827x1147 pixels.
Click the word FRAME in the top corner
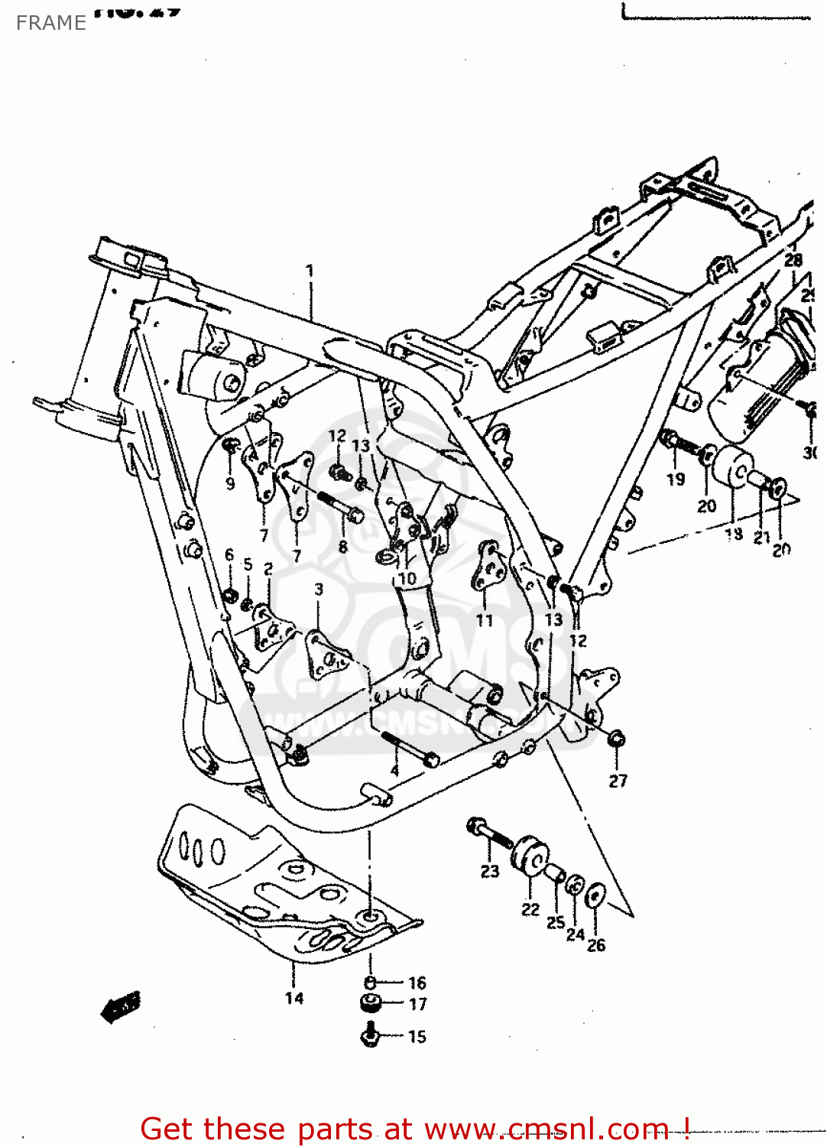point(50,23)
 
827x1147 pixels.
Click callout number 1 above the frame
point(310,271)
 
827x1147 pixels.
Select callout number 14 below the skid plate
point(294,998)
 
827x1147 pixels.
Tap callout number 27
point(618,781)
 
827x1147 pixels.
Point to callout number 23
point(489,871)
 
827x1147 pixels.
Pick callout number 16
point(417,983)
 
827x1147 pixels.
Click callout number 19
point(676,479)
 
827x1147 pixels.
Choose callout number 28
point(793,260)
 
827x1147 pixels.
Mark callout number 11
point(485,620)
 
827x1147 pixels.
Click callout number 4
point(394,770)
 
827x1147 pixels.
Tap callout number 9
point(230,483)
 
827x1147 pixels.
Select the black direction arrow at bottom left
point(121,1008)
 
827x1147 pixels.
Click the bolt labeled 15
point(370,1036)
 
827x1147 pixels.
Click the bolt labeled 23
point(488,833)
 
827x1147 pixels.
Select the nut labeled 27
point(617,739)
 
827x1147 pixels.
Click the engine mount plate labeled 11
point(487,566)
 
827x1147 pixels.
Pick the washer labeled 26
point(595,896)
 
